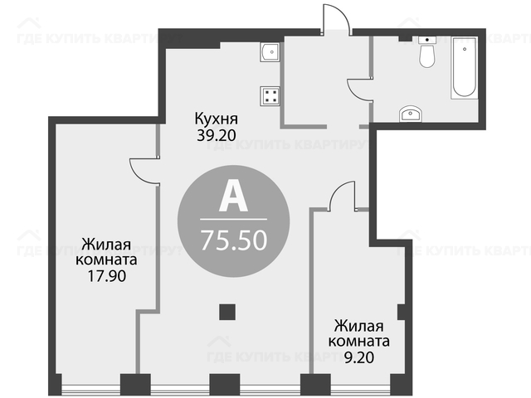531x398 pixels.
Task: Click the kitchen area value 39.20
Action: pos(216,136)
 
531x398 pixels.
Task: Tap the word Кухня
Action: pos(217,119)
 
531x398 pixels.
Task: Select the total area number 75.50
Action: pos(234,240)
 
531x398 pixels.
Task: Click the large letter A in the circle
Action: pos(233,199)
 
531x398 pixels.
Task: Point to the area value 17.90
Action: pos(107,276)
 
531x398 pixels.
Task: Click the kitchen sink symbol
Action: pos(270,52)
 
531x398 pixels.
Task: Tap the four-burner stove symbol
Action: pos(270,96)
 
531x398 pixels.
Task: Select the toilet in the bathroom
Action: pos(426,52)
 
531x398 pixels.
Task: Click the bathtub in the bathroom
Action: pos(465,68)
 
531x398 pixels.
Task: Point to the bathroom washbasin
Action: pos(410,114)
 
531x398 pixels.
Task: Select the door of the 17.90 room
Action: pos(143,172)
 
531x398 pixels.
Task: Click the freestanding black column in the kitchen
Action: pos(227,312)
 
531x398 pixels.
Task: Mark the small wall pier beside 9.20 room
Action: pos(401,312)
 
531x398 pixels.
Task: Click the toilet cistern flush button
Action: pos(427,40)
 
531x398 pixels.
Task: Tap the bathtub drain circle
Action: pos(465,49)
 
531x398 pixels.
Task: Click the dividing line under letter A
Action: pos(234,219)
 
